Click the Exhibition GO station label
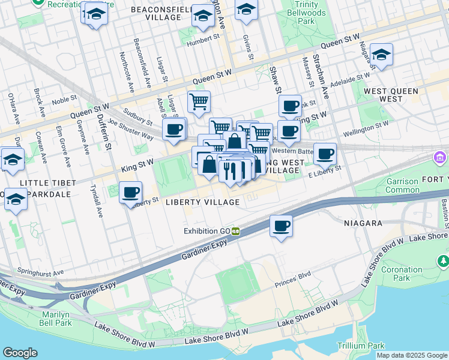208,231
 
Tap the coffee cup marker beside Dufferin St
130,193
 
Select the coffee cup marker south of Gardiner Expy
281,227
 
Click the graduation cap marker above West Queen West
381,55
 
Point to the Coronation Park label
402,274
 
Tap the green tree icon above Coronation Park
443,261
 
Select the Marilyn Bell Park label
57,319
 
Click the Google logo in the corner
20,353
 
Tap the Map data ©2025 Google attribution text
412,355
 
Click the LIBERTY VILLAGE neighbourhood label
203,202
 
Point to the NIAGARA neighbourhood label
363,223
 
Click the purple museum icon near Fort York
440,158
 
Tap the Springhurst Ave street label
40,272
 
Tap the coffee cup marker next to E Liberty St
325,154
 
